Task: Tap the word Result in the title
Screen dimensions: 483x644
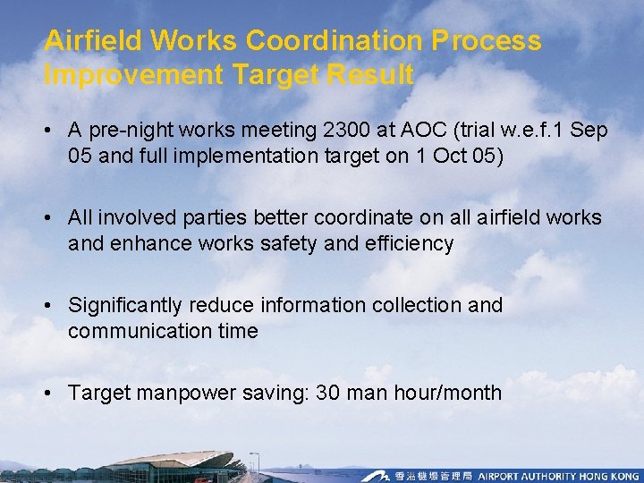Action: click(x=369, y=75)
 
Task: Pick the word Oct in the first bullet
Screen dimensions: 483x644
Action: click(x=445, y=157)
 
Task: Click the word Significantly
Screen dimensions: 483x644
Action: click(x=128, y=305)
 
